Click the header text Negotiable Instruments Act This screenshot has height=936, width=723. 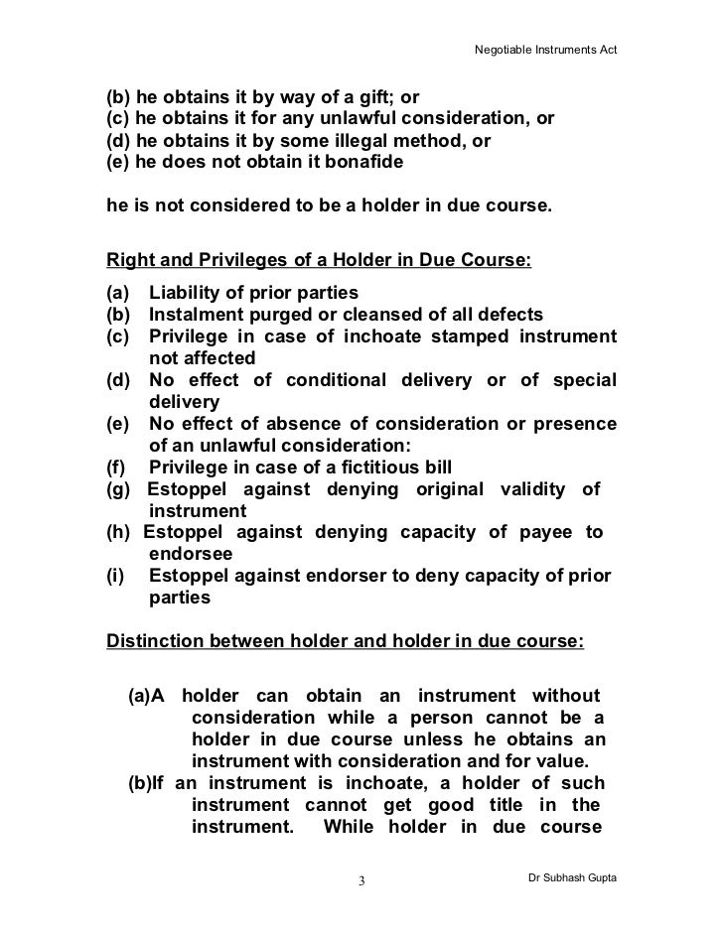click(544, 48)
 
